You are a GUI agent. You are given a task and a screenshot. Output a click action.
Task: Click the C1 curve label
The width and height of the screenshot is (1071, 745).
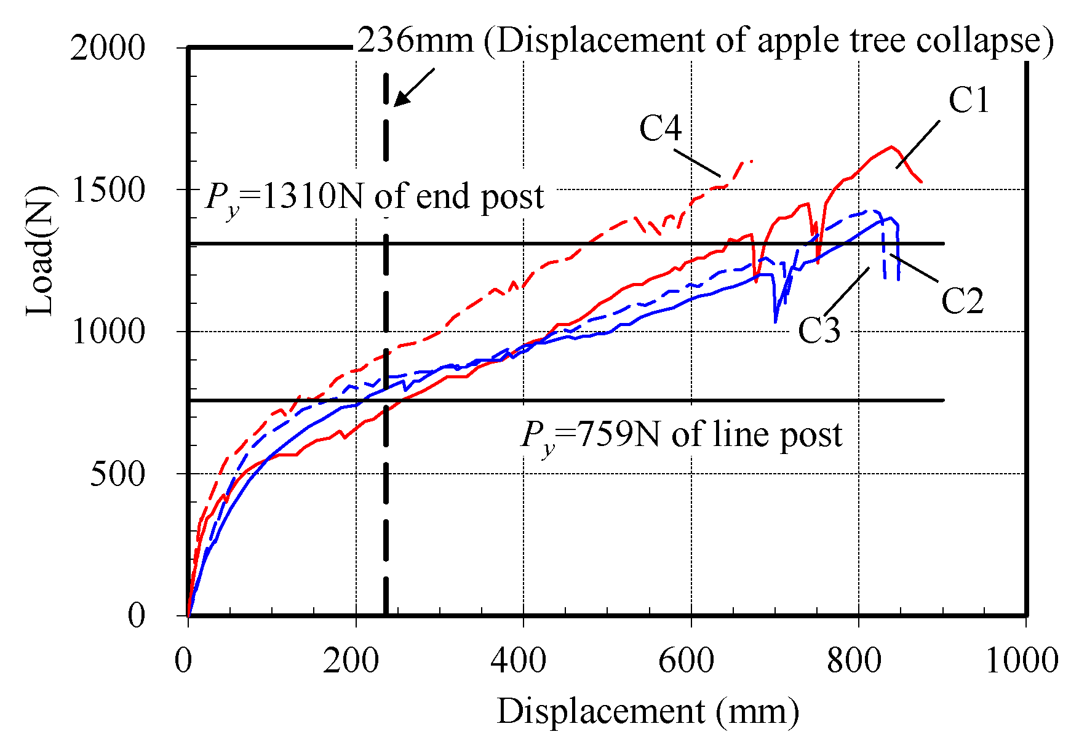(969, 100)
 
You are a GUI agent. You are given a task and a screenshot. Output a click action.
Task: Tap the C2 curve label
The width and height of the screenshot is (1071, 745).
(963, 301)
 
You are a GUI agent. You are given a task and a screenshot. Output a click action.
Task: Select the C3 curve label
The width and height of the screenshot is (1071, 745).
(819, 330)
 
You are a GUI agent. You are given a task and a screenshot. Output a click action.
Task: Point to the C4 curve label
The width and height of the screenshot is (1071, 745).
(661, 129)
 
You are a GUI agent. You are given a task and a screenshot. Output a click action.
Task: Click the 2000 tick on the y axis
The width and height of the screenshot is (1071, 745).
(108, 48)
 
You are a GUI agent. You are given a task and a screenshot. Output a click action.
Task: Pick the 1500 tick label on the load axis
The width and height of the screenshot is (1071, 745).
(108, 190)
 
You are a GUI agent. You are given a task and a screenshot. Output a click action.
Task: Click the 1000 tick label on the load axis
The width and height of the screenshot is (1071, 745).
(108, 332)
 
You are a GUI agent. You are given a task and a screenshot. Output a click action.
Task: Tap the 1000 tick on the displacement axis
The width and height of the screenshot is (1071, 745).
(1021, 661)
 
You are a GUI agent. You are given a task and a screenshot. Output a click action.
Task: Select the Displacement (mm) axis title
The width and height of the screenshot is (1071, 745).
(648, 712)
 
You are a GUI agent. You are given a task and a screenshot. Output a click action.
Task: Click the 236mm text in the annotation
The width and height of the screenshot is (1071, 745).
(415, 41)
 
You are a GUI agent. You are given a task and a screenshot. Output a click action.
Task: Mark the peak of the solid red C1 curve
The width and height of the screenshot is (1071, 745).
(891, 146)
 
